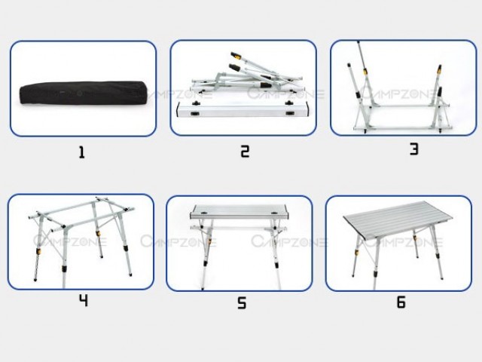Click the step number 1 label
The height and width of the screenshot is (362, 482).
coord(81,152)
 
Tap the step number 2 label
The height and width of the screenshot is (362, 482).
coord(245,152)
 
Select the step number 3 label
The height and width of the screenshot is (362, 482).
coord(414,149)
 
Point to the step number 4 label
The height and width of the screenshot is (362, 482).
coord(84,300)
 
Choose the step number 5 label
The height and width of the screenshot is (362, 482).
coord(242,302)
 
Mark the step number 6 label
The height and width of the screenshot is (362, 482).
coord(401,302)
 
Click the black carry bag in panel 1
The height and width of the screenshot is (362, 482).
coord(83,93)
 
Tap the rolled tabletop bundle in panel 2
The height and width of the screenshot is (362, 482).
coord(243,109)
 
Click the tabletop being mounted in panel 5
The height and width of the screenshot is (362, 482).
coord(239,212)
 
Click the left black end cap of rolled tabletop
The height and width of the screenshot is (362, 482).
coord(178,110)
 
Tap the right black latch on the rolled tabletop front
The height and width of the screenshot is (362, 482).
coord(289,113)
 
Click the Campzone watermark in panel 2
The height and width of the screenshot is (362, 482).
coord(286,93)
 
